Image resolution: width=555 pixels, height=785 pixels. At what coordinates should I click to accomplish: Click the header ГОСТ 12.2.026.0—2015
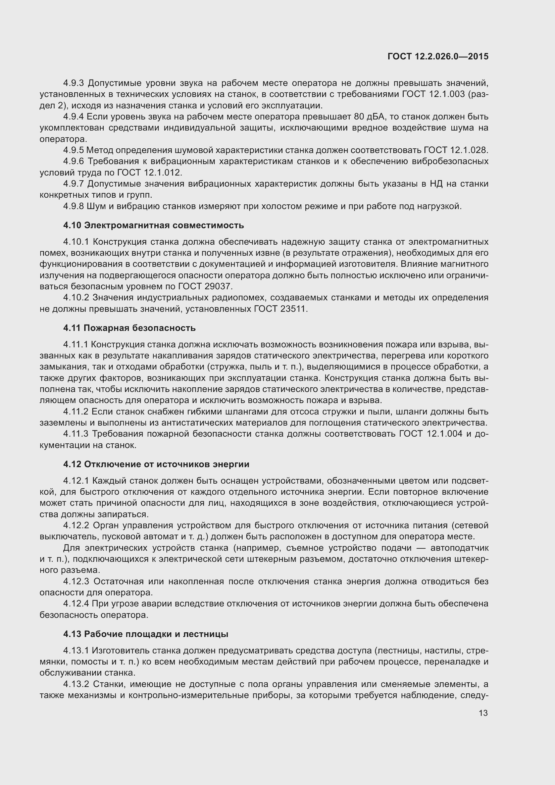point(438,56)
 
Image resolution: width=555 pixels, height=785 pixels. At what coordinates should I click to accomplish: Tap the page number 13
point(483,713)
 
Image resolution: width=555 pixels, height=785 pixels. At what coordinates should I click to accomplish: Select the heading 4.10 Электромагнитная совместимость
point(153,225)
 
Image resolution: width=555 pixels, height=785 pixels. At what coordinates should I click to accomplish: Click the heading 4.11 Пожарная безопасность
point(129,328)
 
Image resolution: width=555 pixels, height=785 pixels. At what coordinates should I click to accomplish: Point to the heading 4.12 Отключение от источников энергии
point(156,464)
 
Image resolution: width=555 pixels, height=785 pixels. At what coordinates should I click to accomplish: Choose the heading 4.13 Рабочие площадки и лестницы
point(146,634)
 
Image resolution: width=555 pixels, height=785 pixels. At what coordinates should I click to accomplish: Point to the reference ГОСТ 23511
point(280,309)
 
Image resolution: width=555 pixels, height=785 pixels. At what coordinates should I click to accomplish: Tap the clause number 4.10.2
point(76,297)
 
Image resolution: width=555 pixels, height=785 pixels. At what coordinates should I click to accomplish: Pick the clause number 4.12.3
point(76,581)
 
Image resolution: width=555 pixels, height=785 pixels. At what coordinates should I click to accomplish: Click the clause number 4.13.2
point(76,684)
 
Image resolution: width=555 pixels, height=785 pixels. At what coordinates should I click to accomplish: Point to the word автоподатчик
point(459,548)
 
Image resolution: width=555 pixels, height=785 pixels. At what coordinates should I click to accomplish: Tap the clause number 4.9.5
point(73,150)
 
